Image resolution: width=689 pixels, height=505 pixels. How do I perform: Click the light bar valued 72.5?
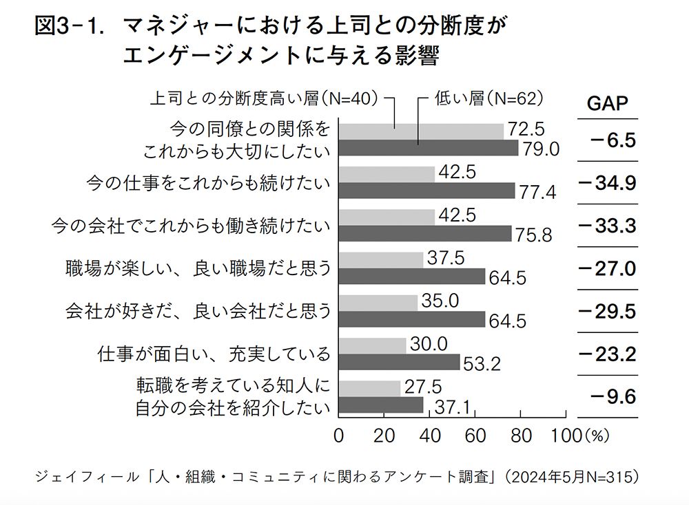coord(420,131)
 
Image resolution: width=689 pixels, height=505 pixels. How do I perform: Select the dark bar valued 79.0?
coord(428,148)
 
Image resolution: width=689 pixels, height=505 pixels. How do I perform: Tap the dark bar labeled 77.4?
coord(426,191)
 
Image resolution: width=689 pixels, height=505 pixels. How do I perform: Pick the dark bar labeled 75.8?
coord(424,234)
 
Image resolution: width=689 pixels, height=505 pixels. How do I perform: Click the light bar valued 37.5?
coord(381,259)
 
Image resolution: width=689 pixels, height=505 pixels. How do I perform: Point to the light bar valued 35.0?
coord(378,303)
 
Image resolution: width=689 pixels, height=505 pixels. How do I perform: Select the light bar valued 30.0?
coord(372,345)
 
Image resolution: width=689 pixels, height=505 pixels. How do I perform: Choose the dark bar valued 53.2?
coord(399,363)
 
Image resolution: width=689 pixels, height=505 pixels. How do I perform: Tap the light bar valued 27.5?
coord(369,388)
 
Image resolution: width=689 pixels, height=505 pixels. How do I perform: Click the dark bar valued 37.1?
coord(380,406)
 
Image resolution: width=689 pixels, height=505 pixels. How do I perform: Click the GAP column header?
coord(607,103)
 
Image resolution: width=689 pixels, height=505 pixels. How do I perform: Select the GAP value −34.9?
coord(607,183)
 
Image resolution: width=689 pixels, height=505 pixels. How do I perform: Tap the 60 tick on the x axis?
coord(475,436)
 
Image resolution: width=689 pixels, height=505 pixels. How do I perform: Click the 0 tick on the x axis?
coord(338,436)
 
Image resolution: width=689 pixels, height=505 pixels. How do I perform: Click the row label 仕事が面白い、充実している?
coord(214,354)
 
